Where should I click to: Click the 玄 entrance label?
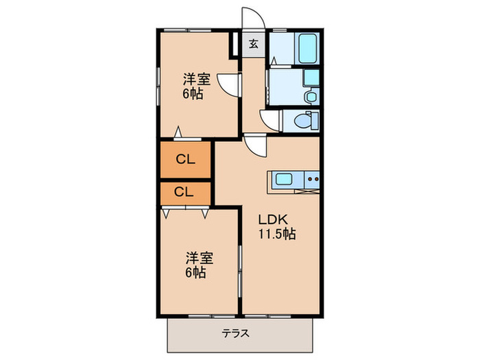[x=253, y=45]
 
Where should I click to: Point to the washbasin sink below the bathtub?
[x=311, y=97]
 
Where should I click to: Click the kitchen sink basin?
[x=285, y=180]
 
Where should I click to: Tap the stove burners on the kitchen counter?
[x=313, y=180]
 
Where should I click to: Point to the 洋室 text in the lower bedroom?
[x=199, y=259]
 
